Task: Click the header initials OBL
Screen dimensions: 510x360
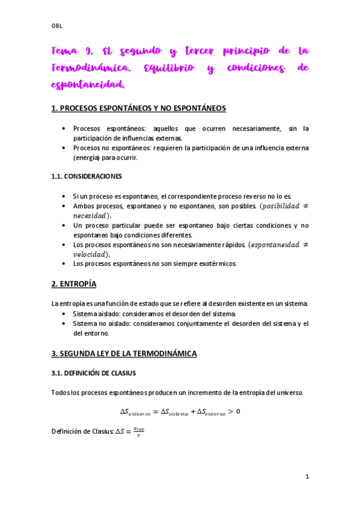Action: click(57, 26)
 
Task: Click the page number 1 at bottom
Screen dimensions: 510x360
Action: click(307, 477)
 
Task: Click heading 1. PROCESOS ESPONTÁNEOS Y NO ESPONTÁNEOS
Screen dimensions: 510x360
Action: click(138, 108)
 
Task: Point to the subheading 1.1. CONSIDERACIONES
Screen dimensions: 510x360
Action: click(87, 177)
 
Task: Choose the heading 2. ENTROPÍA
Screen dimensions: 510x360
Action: click(74, 284)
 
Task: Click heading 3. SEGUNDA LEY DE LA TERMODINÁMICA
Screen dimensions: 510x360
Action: click(124, 354)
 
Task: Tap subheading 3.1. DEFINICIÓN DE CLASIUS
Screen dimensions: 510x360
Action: click(94, 373)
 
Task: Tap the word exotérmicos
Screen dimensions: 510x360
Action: click(216, 263)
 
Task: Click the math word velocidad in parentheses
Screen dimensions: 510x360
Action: click(91, 254)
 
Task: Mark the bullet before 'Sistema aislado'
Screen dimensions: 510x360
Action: click(64, 314)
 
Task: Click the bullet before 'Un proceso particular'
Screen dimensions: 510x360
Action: click(64, 226)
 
